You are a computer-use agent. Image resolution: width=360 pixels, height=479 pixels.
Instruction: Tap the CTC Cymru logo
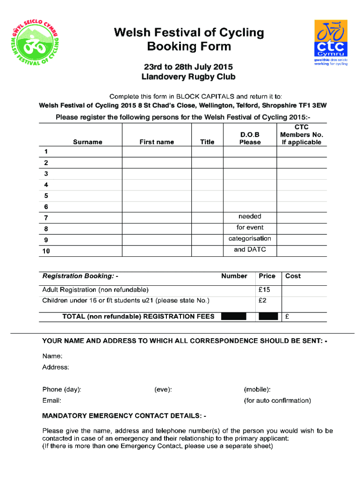coord(331,43)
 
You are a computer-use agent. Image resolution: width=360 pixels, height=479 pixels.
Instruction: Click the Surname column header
coord(87,142)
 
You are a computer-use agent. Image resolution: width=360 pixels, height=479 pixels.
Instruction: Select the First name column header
coord(157,142)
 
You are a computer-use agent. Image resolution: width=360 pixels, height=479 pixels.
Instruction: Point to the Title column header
coord(207,142)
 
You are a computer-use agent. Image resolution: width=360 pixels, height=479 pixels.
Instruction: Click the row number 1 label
coord(46,152)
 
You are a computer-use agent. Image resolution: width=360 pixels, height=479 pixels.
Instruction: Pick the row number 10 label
coord(47,251)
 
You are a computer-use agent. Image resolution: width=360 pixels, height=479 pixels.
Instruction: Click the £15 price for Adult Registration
coord(264,290)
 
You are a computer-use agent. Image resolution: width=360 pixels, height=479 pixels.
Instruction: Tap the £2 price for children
coord(262,300)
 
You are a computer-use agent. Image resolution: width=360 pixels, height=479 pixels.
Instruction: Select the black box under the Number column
coord(233,316)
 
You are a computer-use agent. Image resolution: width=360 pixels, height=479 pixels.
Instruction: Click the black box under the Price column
coord(268,316)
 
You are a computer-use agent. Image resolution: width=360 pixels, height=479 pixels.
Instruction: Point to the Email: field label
coord(52,400)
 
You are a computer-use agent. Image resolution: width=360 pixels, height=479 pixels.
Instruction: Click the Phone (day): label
coord(62,389)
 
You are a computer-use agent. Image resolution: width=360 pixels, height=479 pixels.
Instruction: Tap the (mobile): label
coord(257,389)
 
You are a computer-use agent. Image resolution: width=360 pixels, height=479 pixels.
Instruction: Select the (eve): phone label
coord(163,389)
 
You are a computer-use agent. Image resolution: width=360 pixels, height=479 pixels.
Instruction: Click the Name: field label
coord(52,356)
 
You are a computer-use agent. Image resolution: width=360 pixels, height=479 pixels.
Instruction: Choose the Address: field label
coord(56,367)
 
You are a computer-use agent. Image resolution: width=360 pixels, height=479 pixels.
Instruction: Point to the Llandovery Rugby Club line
coord(188,77)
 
